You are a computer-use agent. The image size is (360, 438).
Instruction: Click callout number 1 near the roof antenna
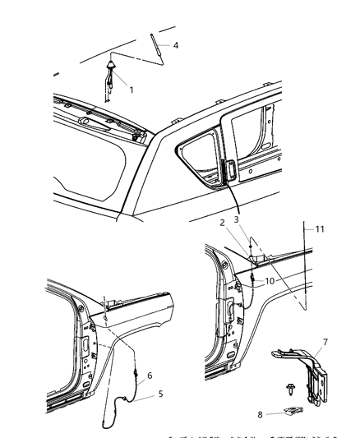pyautogui.click(x=130, y=82)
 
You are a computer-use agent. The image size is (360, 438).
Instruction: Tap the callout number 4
pyautogui.click(x=173, y=45)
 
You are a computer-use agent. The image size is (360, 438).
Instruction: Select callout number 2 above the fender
pyautogui.click(x=222, y=222)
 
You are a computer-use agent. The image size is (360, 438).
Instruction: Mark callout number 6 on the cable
pyautogui.click(x=148, y=376)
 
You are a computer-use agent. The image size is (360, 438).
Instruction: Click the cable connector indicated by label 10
pyautogui.click(x=249, y=283)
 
